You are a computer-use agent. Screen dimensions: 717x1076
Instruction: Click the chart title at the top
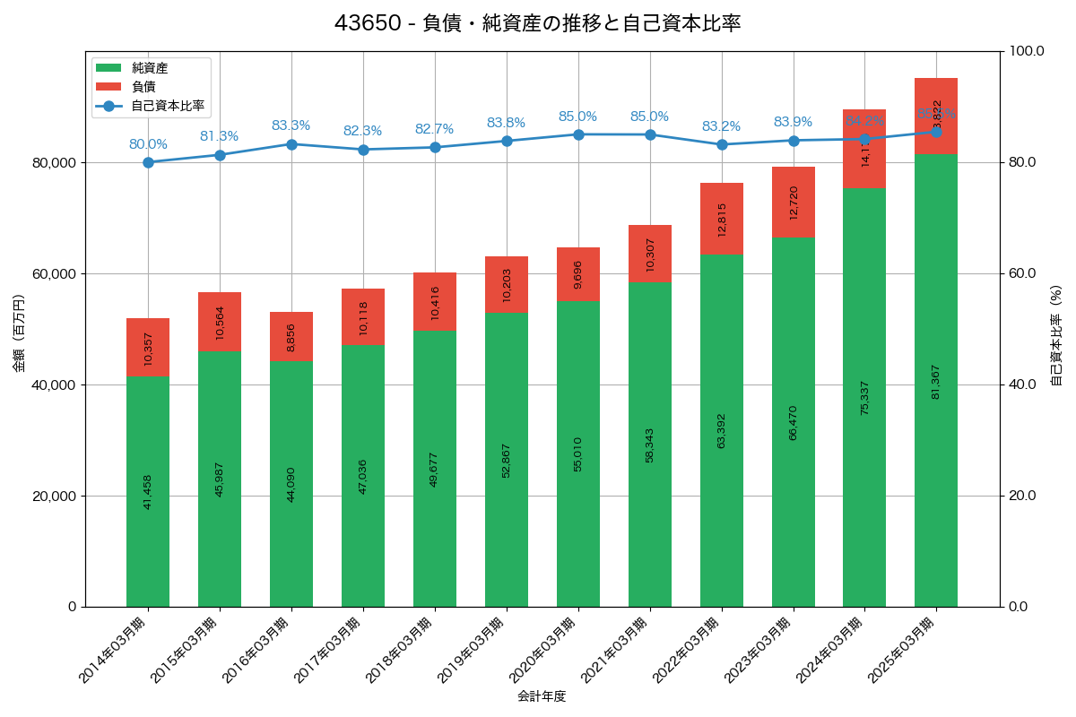[x=537, y=23]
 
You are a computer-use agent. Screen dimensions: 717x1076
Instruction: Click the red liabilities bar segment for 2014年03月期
[x=148, y=347]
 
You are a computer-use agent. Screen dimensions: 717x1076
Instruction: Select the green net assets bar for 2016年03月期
[x=291, y=484]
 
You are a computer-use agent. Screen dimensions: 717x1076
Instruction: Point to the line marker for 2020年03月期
[x=578, y=134]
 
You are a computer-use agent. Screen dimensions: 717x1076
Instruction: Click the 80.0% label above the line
[x=148, y=144]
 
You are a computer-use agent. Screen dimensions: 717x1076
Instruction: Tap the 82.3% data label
[x=363, y=131]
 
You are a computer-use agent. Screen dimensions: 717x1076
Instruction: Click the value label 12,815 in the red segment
[x=722, y=220]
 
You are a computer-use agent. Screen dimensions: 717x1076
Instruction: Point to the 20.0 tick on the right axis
[x=1022, y=496]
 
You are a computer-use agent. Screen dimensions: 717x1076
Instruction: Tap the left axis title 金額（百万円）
[x=19, y=333]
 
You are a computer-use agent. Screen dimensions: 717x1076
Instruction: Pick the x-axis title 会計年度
[x=542, y=696]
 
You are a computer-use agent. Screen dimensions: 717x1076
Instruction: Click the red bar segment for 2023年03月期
[x=794, y=203]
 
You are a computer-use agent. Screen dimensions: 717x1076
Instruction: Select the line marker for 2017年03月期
[x=363, y=150]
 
